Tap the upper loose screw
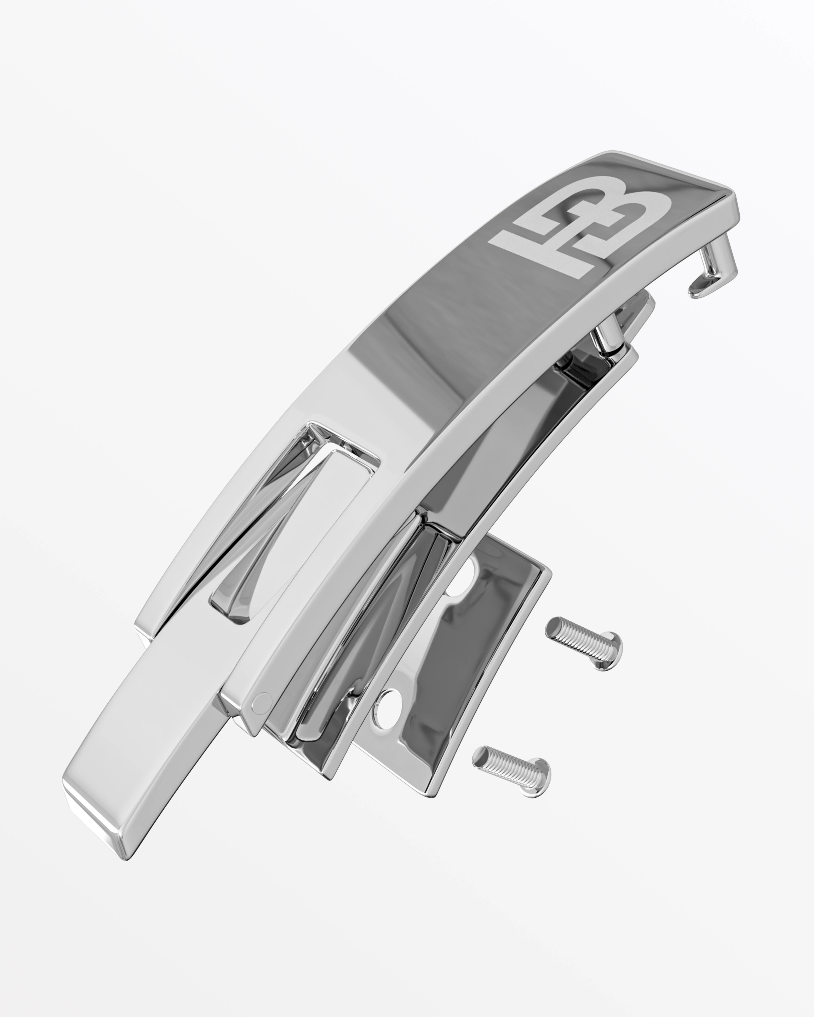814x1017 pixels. pos(584,642)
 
